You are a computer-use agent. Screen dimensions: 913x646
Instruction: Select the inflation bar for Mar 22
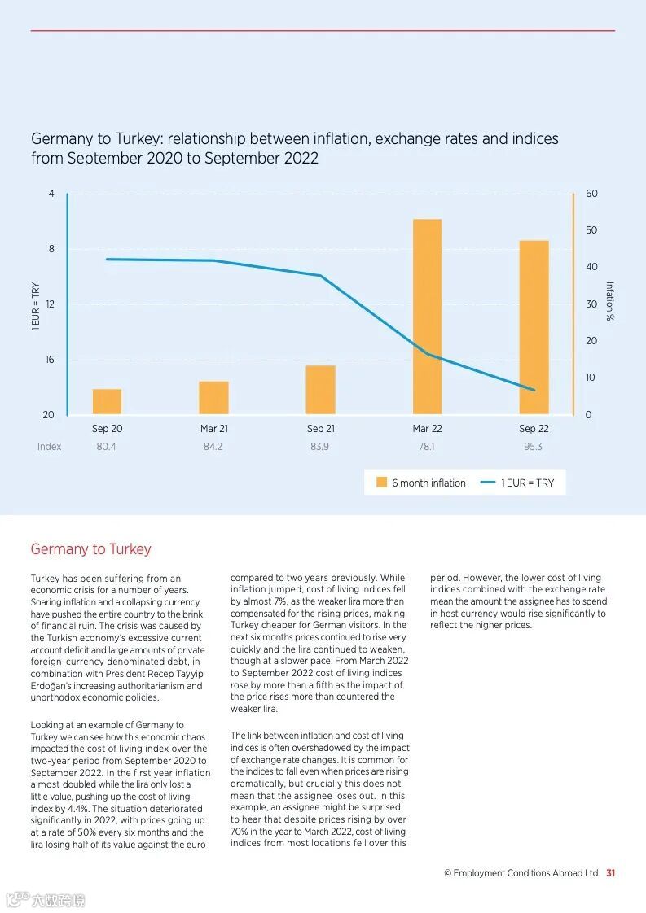click(427, 317)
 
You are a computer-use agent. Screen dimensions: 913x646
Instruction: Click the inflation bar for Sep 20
click(107, 402)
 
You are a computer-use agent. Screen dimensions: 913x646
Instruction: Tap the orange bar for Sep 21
click(320, 390)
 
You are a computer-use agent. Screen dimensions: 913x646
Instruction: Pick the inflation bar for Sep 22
click(534, 327)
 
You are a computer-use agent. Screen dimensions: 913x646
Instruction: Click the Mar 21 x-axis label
click(214, 429)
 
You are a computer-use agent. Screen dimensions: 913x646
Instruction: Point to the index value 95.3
click(533, 447)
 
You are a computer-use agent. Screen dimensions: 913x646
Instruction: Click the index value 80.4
click(106, 447)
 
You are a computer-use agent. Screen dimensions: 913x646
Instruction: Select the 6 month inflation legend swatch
click(381, 483)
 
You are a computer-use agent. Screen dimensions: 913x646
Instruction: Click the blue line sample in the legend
click(488, 483)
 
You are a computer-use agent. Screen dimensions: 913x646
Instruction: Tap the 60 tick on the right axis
click(591, 194)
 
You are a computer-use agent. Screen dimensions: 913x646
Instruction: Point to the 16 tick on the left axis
click(49, 360)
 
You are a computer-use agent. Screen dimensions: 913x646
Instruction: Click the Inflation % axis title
click(609, 301)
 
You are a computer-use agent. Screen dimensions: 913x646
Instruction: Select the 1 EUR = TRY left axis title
click(35, 306)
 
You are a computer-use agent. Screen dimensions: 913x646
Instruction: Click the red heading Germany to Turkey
click(90, 549)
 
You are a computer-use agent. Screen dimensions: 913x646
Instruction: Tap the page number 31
click(610, 873)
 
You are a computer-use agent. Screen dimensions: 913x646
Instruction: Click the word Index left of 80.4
click(49, 447)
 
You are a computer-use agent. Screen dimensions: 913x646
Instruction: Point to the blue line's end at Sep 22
click(534, 390)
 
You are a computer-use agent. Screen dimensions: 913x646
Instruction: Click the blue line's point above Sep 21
click(320, 276)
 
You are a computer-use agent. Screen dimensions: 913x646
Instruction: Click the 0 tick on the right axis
click(588, 415)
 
